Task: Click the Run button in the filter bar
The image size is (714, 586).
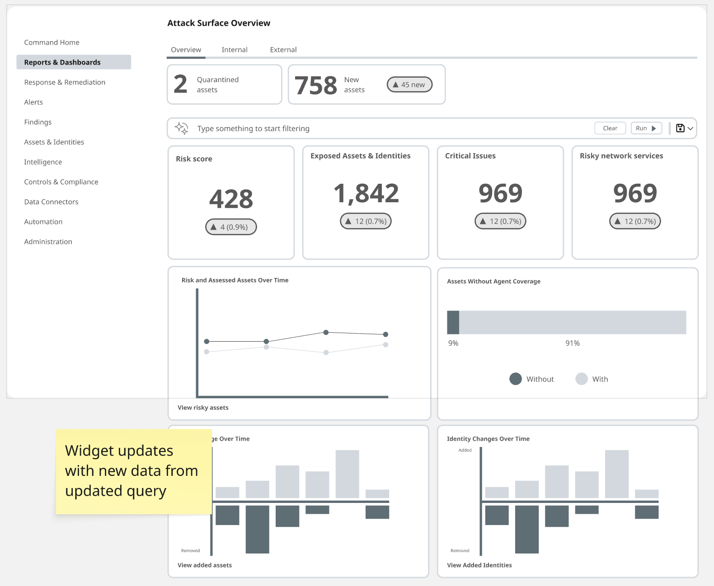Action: tap(646, 128)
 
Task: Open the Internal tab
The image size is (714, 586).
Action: tap(234, 50)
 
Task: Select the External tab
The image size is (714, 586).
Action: tap(283, 50)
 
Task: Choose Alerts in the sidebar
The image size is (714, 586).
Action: tap(33, 102)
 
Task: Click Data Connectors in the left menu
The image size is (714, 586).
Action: tap(51, 202)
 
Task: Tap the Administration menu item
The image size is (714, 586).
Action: tap(48, 242)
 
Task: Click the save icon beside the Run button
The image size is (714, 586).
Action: tap(680, 128)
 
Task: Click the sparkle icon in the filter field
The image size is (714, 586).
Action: tap(182, 129)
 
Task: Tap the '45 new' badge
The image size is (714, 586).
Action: tap(409, 84)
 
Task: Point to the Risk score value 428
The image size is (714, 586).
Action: tap(231, 199)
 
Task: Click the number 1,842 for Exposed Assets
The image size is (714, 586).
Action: tap(366, 193)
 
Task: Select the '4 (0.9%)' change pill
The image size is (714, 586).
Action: tap(231, 227)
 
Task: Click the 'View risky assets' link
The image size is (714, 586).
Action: tap(203, 408)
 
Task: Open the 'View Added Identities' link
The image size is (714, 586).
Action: tap(479, 565)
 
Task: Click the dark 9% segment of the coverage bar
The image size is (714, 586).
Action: tap(453, 322)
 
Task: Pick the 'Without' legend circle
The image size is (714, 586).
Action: tap(516, 379)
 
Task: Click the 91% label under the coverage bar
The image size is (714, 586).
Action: tap(573, 343)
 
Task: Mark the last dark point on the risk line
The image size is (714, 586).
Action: tap(385, 335)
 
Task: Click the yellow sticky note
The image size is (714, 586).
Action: tap(134, 472)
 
